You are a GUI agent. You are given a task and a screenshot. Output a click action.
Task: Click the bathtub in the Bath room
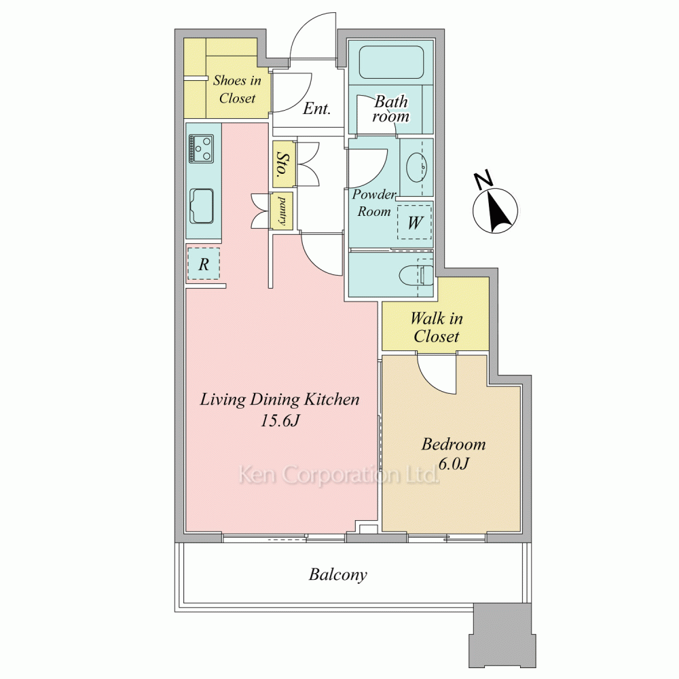click(x=390, y=62)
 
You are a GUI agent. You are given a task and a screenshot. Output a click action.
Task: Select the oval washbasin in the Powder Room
click(x=417, y=167)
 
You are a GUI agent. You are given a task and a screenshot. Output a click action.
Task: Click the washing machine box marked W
click(x=415, y=222)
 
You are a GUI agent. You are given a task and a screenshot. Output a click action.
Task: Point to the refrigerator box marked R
click(x=204, y=263)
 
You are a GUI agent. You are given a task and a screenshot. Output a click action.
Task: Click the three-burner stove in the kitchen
click(x=201, y=149)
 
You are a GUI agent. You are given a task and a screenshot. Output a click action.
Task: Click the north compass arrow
click(x=497, y=210)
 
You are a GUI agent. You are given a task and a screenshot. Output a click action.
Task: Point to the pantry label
click(x=282, y=211)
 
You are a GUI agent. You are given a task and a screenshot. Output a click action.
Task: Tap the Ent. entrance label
click(x=316, y=108)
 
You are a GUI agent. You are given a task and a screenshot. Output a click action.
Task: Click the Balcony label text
click(x=337, y=574)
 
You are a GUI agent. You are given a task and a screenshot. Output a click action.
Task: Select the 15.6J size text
click(x=280, y=420)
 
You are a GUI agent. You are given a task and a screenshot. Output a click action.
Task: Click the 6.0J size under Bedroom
click(x=454, y=464)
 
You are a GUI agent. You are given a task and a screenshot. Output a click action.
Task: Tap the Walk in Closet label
click(x=437, y=327)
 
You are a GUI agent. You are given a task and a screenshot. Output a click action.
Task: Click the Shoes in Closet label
click(x=237, y=89)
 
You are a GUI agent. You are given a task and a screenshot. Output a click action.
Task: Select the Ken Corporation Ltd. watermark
click(x=339, y=475)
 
